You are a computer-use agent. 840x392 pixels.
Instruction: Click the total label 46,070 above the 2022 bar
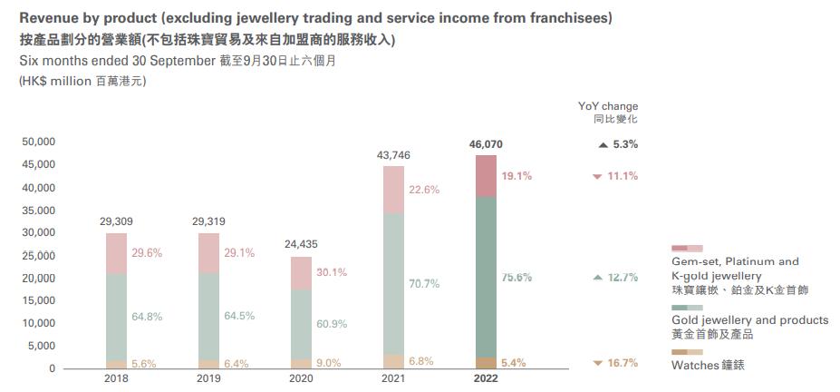pos(485,144)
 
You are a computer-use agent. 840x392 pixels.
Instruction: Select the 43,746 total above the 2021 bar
pos(393,155)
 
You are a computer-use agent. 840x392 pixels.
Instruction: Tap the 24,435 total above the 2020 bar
pos(301,244)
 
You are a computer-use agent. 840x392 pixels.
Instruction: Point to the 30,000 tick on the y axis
pos(39,232)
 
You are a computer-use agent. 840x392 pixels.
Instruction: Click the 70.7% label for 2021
pos(424,284)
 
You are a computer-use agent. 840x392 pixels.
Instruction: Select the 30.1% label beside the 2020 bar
pos(332,272)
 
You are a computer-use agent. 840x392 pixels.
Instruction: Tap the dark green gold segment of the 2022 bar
pos(486,277)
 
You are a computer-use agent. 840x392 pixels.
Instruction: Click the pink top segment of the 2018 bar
pos(116,253)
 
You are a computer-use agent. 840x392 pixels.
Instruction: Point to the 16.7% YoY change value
pos(623,363)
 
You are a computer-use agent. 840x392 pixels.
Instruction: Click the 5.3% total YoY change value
pos(625,144)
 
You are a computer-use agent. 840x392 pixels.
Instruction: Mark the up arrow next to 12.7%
pos(597,278)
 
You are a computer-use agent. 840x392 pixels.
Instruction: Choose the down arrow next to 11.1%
pos(597,176)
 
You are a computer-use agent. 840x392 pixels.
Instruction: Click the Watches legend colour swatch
pos(687,351)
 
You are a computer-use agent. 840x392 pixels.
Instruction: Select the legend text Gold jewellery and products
pos(749,320)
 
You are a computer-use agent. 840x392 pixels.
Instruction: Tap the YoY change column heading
pos(608,106)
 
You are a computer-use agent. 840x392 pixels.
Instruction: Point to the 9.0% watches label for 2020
pos(328,363)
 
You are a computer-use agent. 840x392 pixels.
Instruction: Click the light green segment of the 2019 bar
pos(208,316)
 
